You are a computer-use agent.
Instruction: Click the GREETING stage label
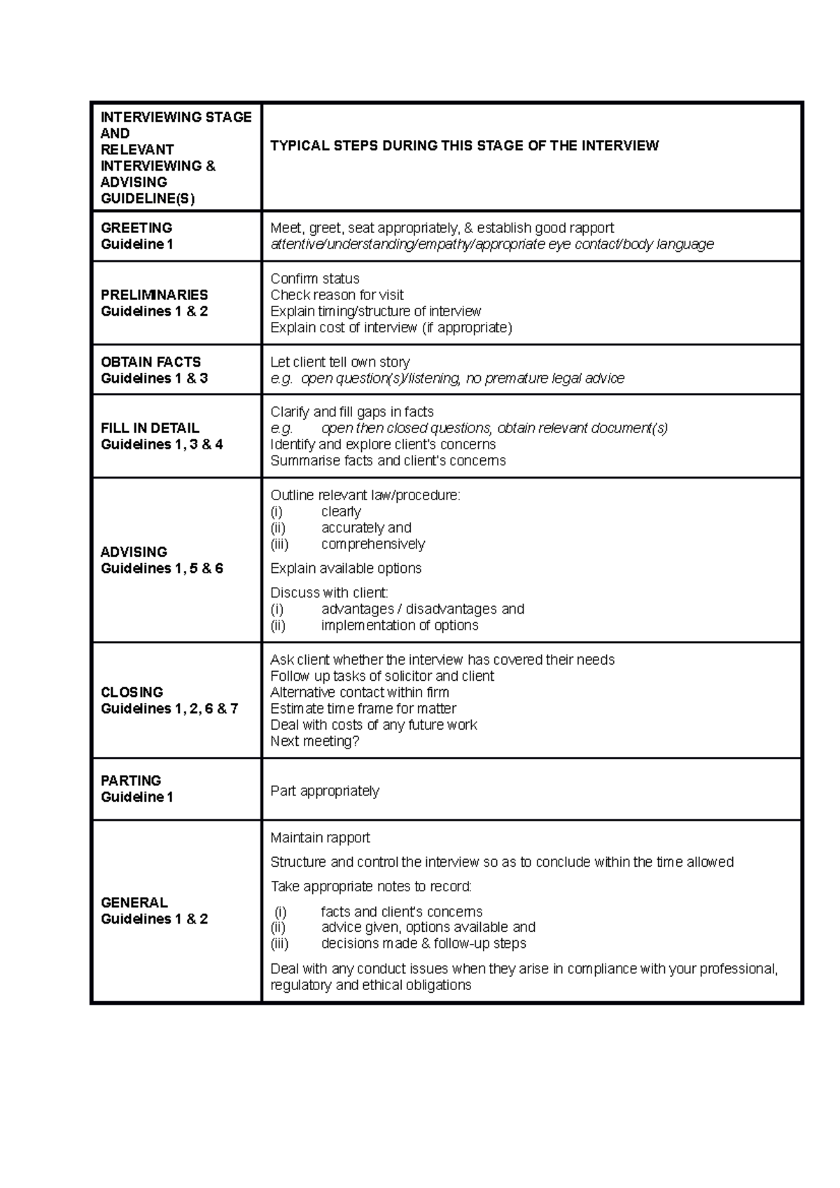136,228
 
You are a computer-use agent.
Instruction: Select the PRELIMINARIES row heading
154,295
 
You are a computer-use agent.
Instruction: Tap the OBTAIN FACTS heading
150,362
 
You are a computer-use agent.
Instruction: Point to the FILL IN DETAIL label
150,427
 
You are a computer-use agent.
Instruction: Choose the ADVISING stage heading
134,551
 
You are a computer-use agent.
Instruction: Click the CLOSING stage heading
132,692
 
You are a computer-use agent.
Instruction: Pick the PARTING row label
131,780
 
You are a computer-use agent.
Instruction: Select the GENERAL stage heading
134,903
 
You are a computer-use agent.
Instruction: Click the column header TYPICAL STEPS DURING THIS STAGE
464,146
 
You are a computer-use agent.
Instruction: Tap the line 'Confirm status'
315,278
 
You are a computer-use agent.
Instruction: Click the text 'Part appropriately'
325,791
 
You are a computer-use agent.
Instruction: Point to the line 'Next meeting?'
314,741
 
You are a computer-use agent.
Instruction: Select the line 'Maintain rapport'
320,837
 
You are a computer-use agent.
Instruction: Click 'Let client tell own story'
340,362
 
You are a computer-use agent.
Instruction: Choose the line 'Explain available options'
346,568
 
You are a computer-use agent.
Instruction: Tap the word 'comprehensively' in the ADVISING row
373,544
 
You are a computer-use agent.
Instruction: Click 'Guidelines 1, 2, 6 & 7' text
169,709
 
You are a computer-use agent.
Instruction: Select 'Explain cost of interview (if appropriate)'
391,327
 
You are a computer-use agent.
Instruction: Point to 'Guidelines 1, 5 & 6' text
162,568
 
